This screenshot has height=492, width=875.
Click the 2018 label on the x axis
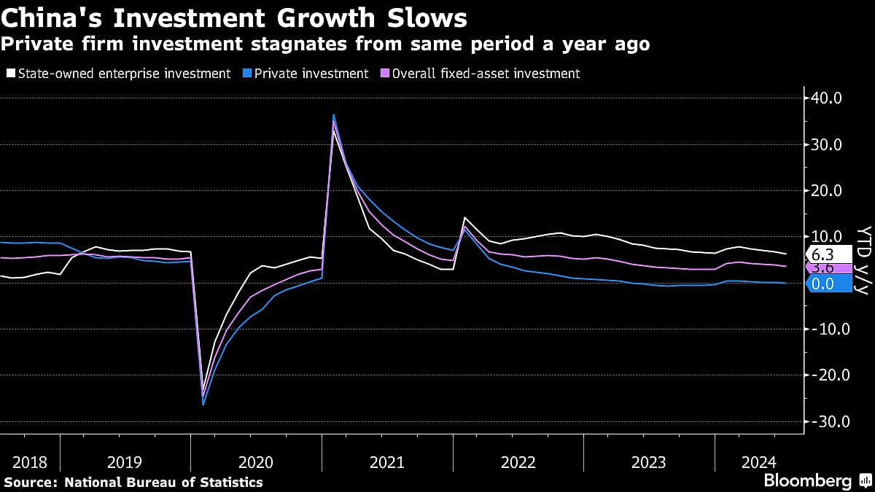[x=30, y=462]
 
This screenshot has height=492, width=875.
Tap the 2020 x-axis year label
[x=255, y=462]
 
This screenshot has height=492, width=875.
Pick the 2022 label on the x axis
[x=518, y=462]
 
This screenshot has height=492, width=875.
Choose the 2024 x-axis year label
[x=758, y=462]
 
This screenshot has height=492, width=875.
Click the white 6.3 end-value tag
[x=827, y=255]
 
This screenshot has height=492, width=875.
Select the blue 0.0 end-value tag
[x=827, y=284]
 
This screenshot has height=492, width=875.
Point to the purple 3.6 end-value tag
[x=827, y=268]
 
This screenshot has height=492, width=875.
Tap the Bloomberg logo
[x=808, y=481]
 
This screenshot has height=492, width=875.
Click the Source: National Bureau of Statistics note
[x=133, y=482]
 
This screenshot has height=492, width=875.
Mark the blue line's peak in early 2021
[x=333, y=115]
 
